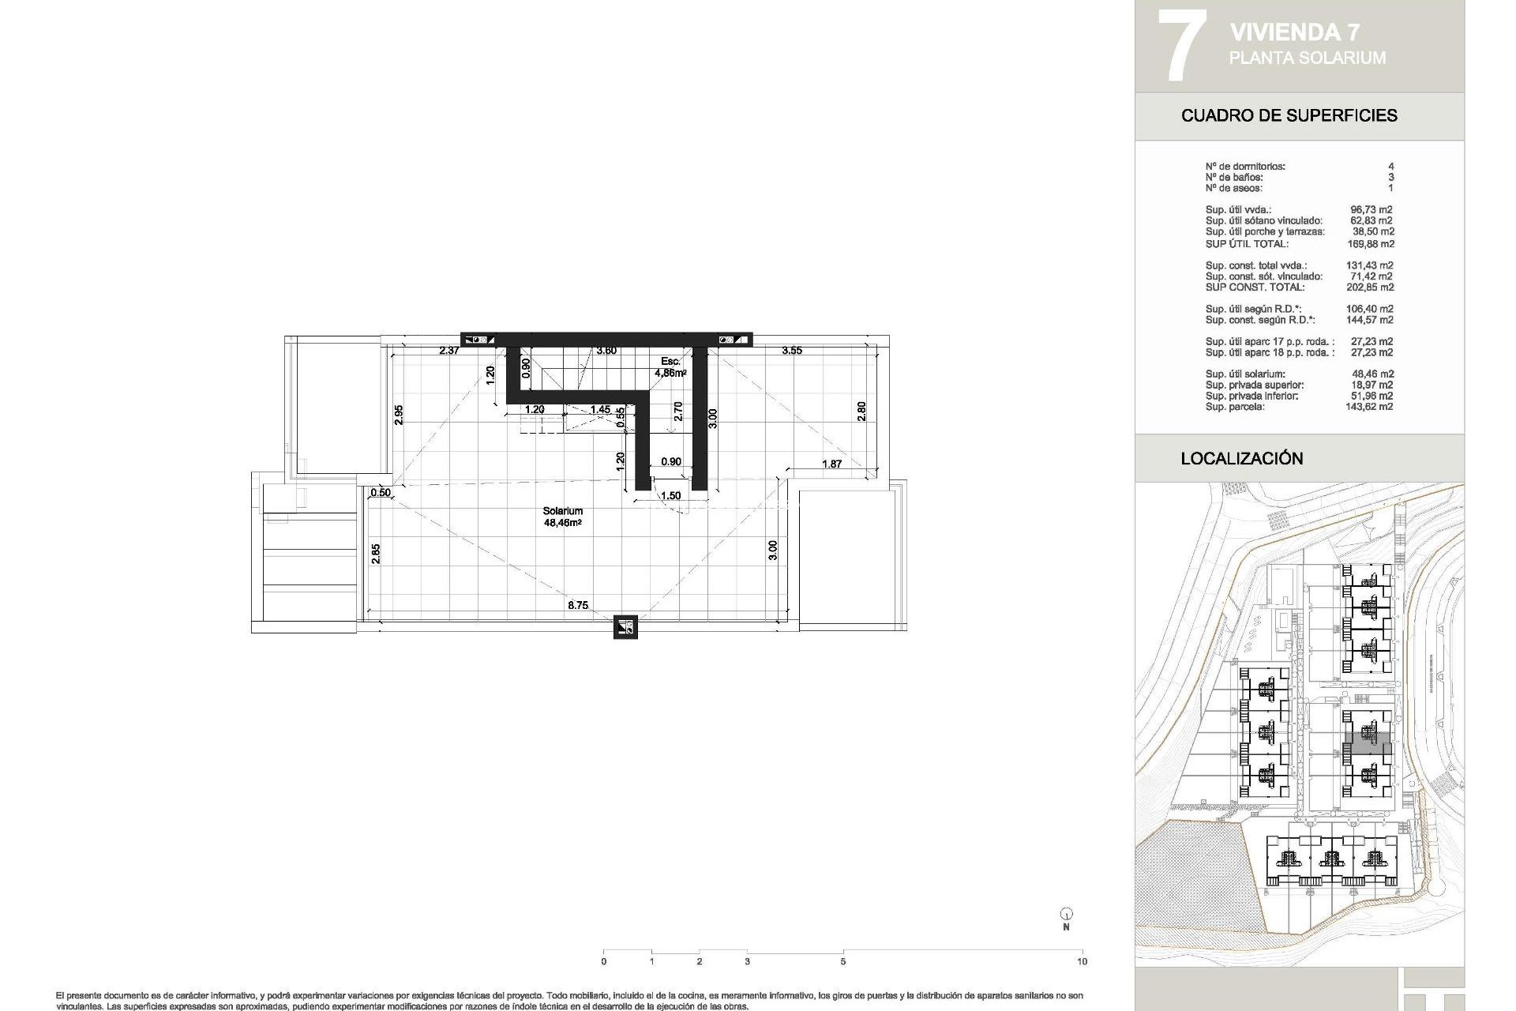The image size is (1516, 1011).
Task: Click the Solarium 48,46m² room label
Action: click(x=562, y=517)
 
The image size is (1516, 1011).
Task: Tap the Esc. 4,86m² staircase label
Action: click(x=672, y=366)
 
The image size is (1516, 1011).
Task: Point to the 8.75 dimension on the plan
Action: click(x=577, y=606)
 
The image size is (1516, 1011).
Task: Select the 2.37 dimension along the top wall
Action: click(x=449, y=351)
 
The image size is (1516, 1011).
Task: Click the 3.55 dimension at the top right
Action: click(x=792, y=351)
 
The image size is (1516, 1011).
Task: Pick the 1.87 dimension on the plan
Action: click(x=831, y=464)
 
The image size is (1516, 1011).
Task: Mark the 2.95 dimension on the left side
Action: click(x=400, y=415)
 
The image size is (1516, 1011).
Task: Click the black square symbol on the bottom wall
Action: click(x=625, y=627)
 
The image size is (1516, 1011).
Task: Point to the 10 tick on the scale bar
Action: click(x=1082, y=961)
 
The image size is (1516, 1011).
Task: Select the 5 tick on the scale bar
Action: click(x=842, y=961)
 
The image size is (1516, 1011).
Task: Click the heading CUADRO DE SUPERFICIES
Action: click(x=1289, y=115)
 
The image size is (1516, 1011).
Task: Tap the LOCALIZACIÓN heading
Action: click(x=1241, y=458)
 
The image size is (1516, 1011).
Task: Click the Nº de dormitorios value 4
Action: click(x=1390, y=167)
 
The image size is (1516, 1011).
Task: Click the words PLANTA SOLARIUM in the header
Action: click(x=1307, y=58)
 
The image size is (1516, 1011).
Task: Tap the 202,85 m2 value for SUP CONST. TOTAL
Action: click(x=1370, y=288)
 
